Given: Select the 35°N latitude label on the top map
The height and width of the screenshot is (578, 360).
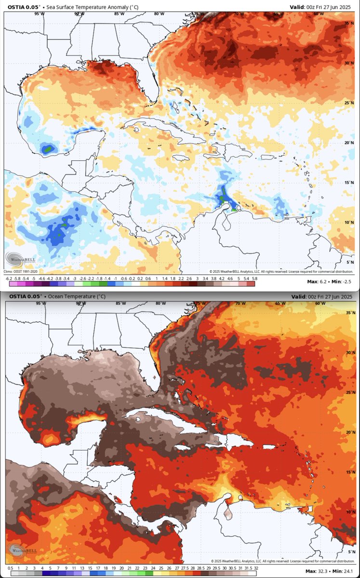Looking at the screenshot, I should click(349, 23).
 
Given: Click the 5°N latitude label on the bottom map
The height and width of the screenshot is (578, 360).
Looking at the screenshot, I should click(350, 551).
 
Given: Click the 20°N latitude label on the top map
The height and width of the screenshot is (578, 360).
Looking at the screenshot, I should click(349, 143).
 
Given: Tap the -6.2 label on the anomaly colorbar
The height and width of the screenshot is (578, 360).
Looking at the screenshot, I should click(9, 278).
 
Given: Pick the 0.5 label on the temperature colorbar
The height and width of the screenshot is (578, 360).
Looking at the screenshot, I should click(10, 568).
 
